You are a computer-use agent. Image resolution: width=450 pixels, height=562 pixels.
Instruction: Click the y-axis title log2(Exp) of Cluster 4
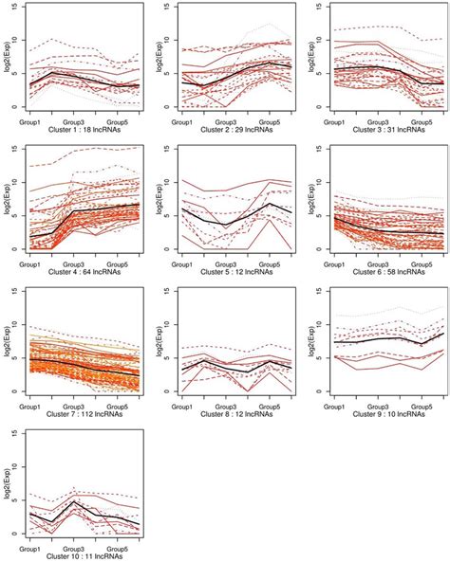point(8,200)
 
